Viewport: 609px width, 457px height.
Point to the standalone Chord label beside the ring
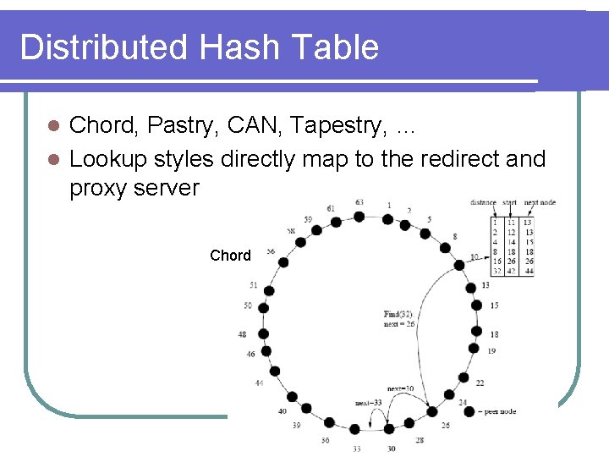(x=230, y=256)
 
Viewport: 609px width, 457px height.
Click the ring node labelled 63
(x=359, y=217)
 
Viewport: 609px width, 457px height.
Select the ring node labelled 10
(x=459, y=265)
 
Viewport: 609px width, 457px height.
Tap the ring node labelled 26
(x=432, y=411)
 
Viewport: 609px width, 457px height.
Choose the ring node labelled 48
(x=263, y=333)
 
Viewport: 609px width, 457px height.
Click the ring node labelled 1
(x=387, y=218)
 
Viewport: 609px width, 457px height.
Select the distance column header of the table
(x=483, y=203)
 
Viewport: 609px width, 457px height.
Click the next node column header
(x=540, y=203)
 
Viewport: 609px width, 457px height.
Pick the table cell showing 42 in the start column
(x=512, y=271)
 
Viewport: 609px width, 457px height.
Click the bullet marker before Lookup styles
(x=52, y=159)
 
